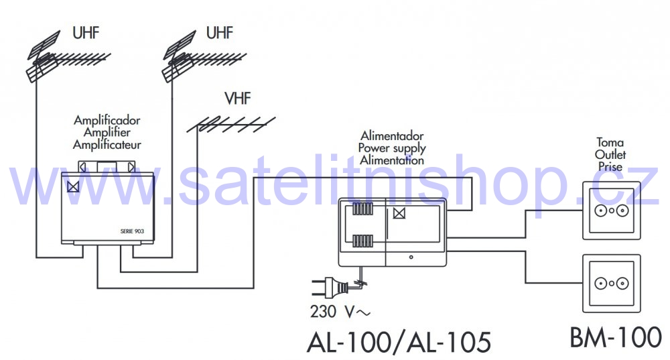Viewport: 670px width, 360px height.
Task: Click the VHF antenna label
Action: point(238,99)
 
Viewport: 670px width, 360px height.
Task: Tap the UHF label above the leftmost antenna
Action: point(86,33)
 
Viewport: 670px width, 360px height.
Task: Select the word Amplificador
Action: point(107,120)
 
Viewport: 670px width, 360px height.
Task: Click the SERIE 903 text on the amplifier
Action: point(132,231)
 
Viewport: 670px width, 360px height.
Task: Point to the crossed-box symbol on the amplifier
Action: point(73,186)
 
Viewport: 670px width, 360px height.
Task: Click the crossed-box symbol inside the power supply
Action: point(399,213)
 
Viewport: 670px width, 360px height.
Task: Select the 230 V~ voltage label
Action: point(340,312)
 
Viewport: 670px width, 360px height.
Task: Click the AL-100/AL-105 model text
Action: point(399,342)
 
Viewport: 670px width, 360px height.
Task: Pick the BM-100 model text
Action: point(616,337)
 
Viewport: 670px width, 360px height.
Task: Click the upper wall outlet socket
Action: point(612,211)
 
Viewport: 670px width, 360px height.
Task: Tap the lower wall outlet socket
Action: point(612,283)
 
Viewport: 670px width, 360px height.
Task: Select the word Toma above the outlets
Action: point(610,142)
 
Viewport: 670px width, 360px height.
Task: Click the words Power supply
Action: point(392,148)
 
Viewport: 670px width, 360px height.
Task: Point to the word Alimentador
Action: point(392,136)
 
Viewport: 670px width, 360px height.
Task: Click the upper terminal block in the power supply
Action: point(362,208)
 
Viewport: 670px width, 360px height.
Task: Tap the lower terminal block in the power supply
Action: point(362,241)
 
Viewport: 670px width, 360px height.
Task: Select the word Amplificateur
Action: point(107,145)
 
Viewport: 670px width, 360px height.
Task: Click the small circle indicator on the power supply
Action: point(411,257)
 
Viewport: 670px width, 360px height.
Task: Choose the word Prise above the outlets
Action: point(610,167)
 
